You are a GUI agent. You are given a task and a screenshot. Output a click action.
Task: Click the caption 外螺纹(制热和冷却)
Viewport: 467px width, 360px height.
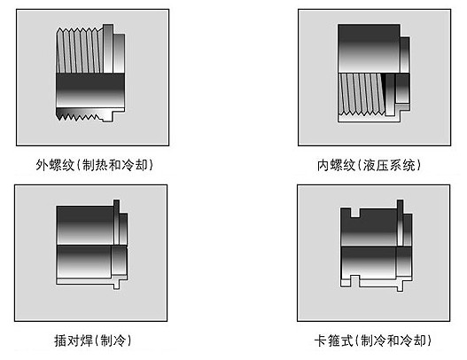coord(94,165)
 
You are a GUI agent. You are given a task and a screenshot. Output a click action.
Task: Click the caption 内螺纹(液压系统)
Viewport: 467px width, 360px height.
coord(369,165)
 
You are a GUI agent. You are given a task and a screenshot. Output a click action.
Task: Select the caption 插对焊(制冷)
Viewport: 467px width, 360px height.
coord(93,340)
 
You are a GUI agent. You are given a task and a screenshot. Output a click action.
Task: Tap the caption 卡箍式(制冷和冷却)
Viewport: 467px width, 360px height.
coord(372,340)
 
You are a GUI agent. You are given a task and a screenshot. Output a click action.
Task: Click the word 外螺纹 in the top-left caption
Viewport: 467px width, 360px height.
coord(55,165)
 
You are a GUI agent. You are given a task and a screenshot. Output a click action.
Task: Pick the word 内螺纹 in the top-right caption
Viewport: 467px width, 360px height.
coord(336,165)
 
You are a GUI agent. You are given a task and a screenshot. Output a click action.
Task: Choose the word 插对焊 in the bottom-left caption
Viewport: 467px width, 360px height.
coord(74,340)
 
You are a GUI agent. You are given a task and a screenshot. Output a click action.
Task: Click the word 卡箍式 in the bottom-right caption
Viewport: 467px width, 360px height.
coord(334,340)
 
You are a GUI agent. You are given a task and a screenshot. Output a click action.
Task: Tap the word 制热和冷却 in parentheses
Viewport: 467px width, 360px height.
coord(115,165)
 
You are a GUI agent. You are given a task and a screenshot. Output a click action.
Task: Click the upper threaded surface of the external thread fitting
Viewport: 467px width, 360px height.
coord(80,51)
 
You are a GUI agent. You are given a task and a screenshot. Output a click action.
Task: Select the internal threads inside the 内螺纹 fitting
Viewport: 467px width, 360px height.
coord(362,94)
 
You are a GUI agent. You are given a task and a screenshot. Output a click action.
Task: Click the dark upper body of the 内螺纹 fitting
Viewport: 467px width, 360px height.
coord(369,49)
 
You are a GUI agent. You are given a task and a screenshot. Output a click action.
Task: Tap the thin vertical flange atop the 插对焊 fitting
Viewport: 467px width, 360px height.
coord(116,222)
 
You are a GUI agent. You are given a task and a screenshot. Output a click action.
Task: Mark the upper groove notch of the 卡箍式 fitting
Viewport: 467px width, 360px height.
coord(355,213)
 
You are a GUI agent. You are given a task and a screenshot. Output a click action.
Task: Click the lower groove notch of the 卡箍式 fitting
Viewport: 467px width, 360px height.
coord(354,281)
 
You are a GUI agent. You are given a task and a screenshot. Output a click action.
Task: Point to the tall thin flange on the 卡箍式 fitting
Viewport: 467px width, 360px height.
coord(401,223)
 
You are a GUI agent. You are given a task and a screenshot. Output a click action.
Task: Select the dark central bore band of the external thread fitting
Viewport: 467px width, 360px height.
coord(90,90)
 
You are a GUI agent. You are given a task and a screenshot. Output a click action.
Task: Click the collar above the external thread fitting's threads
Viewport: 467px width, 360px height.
coord(108,49)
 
